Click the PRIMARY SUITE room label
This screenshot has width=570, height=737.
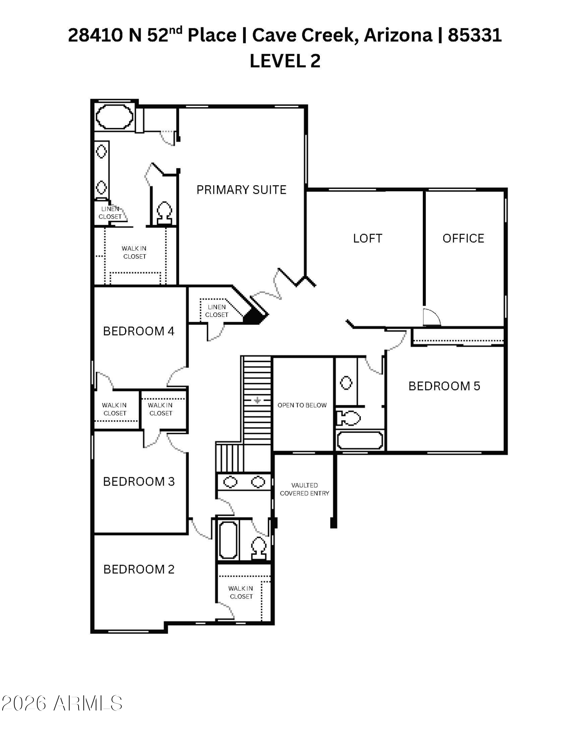click(x=241, y=190)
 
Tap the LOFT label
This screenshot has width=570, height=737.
click(x=367, y=238)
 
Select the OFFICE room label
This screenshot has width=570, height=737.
click(x=463, y=238)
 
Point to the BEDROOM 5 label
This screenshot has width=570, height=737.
click(x=444, y=386)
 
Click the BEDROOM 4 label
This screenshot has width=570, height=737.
click(x=138, y=331)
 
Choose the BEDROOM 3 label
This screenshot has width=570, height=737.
click(x=139, y=481)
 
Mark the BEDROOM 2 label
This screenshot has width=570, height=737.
click(x=139, y=569)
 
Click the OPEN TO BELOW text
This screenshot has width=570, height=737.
click(x=302, y=405)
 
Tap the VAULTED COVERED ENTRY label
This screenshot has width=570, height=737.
click(x=304, y=489)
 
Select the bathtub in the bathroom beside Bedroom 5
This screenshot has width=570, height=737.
click(x=360, y=440)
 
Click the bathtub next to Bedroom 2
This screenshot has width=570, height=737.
click(x=228, y=541)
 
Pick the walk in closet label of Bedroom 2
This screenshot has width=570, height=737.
click(x=241, y=593)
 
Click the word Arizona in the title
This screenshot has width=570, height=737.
click(x=398, y=35)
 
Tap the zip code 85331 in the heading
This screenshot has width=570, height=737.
click(x=475, y=35)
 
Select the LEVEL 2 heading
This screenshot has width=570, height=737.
click(x=285, y=61)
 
